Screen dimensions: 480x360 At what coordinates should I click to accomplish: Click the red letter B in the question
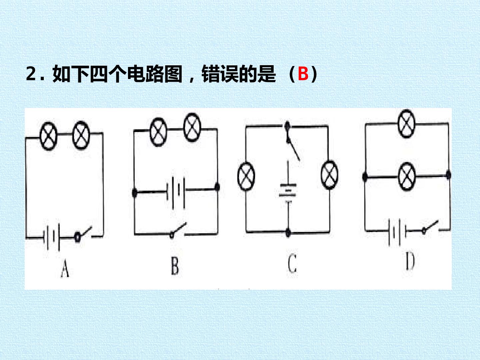click(x=303, y=74)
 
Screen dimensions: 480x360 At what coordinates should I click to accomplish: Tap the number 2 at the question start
click(x=31, y=74)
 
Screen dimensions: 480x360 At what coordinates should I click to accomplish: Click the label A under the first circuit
click(x=65, y=269)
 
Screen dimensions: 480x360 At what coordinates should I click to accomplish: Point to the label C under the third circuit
click(x=292, y=263)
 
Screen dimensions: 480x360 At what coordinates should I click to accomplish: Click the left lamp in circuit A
click(x=48, y=136)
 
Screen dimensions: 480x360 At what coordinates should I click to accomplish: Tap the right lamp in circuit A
click(x=81, y=135)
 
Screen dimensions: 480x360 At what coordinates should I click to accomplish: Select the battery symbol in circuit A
click(x=52, y=237)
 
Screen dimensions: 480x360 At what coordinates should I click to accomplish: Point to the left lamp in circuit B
click(x=158, y=132)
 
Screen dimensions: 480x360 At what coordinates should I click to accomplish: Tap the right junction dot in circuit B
click(x=217, y=187)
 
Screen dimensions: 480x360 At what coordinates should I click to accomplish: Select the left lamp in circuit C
click(x=246, y=176)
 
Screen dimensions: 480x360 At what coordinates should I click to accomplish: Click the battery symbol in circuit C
click(x=288, y=193)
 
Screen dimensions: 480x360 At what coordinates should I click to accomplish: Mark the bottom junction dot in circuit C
click(x=288, y=233)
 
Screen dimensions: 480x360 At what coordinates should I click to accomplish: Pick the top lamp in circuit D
click(x=407, y=124)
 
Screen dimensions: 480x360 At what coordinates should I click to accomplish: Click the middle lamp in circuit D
click(x=407, y=177)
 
